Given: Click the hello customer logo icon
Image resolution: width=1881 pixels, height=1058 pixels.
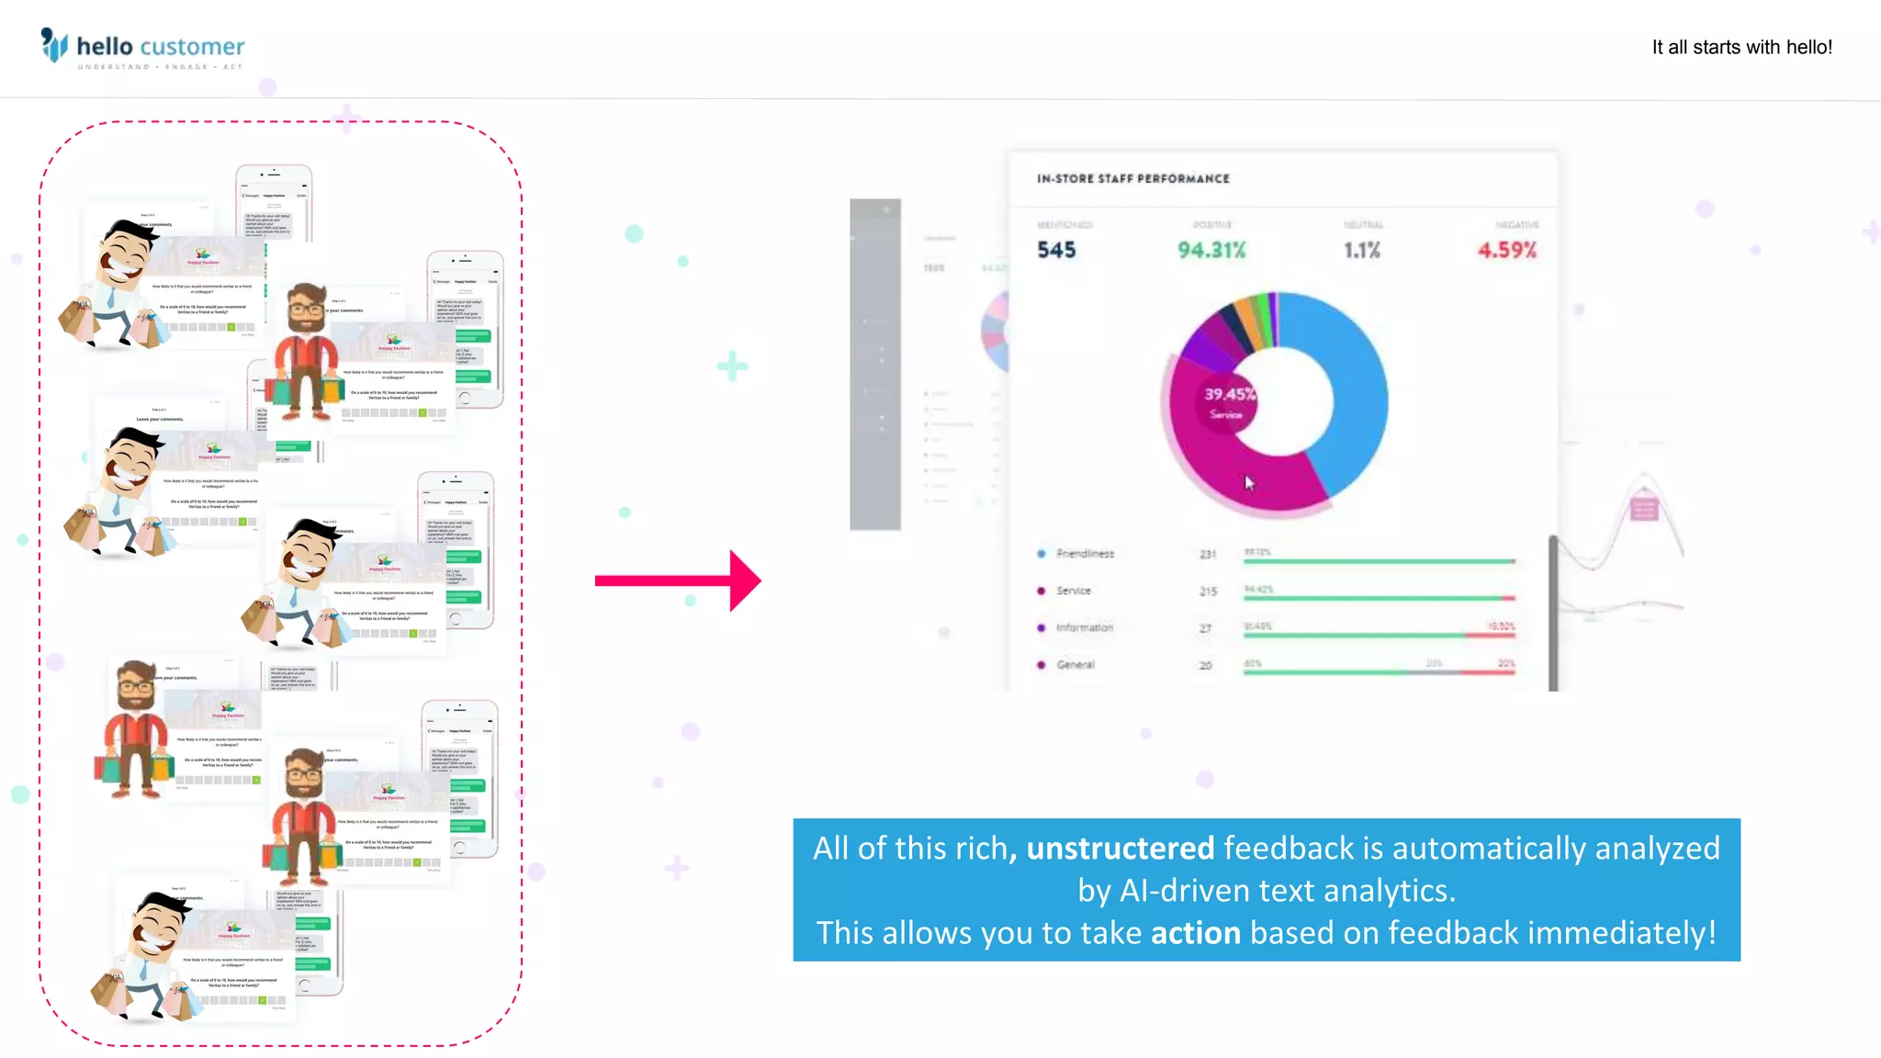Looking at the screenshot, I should click(x=54, y=45).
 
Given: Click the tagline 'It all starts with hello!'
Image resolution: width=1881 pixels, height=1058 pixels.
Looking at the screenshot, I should click(x=1741, y=48).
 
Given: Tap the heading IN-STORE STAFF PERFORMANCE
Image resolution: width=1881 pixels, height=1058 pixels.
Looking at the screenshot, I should click(x=1132, y=179).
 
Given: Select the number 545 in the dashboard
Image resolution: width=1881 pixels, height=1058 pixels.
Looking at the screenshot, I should click(x=1056, y=250).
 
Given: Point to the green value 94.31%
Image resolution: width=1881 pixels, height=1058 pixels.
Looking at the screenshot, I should click(x=1211, y=250).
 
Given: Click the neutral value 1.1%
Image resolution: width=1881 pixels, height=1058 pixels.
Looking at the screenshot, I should click(x=1362, y=250).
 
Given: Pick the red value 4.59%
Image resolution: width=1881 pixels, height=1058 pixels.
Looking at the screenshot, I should click(x=1506, y=250).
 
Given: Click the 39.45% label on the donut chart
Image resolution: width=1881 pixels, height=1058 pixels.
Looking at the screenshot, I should click(x=1229, y=394).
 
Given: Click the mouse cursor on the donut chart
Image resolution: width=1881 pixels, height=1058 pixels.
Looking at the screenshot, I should click(x=1248, y=482).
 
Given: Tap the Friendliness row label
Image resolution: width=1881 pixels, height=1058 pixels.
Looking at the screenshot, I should click(x=1085, y=554).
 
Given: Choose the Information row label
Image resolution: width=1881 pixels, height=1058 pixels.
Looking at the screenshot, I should click(x=1084, y=628).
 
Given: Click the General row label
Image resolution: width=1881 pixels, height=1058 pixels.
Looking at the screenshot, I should click(x=1075, y=665).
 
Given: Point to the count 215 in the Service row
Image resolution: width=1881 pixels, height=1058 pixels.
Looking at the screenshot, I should click(x=1208, y=591).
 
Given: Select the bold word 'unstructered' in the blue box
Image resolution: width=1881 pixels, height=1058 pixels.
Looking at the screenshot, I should click(x=1120, y=848).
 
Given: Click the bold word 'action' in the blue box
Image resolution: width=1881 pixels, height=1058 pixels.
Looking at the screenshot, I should click(x=1195, y=933).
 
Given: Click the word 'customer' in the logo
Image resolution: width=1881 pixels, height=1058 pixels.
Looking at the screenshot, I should click(x=193, y=47).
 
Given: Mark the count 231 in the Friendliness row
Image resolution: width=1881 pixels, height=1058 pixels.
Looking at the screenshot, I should click(x=1208, y=554).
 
